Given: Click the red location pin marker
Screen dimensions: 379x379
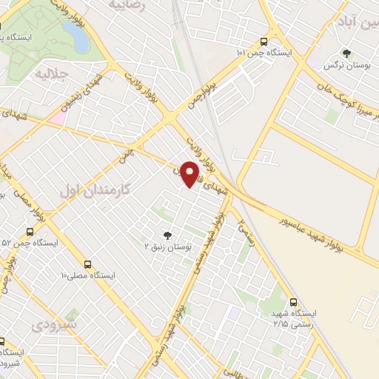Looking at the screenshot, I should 191,174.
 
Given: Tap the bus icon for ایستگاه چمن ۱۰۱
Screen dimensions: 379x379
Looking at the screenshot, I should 264,42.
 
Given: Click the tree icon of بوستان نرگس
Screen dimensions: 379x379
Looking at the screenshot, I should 345,53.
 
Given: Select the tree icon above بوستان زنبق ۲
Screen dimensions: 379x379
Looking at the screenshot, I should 168,236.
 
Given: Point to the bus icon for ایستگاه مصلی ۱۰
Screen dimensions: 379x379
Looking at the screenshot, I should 88,264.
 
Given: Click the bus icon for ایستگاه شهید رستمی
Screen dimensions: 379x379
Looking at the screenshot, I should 294,302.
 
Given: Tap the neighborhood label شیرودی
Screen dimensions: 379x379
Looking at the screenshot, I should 51,325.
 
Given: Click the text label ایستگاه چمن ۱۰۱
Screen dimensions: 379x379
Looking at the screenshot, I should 265,54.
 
